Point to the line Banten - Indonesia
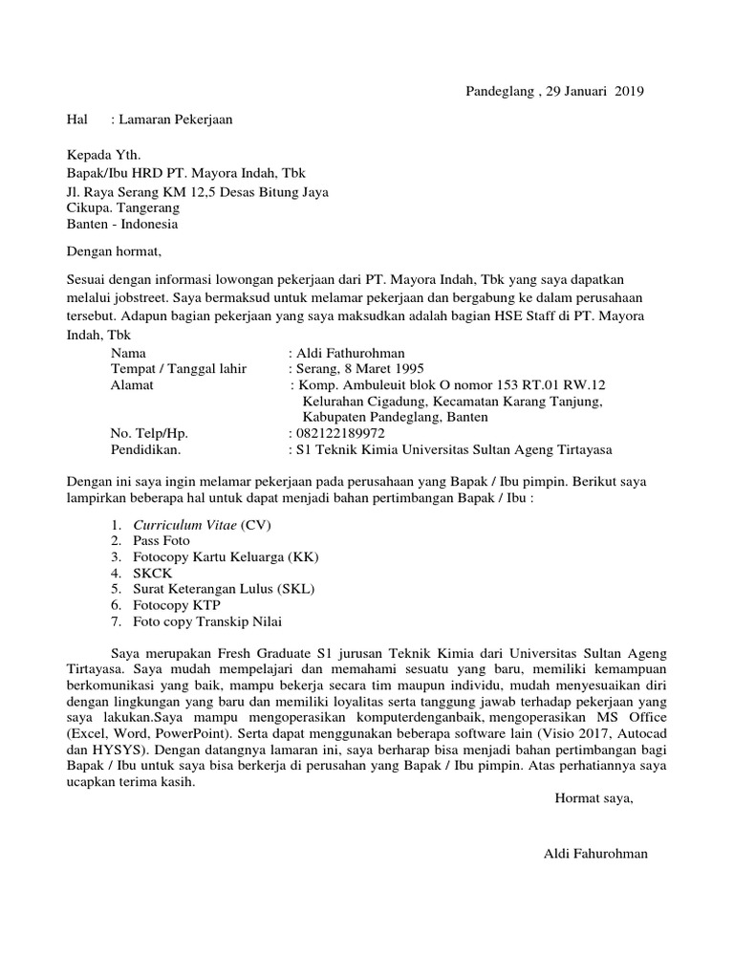(x=121, y=226)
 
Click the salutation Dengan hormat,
(x=115, y=252)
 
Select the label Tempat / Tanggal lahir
(x=179, y=368)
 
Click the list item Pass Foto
(x=162, y=540)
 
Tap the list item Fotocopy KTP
(x=177, y=605)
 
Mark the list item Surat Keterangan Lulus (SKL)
(x=224, y=589)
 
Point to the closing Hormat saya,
(x=594, y=796)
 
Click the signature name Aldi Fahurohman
(x=594, y=853)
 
